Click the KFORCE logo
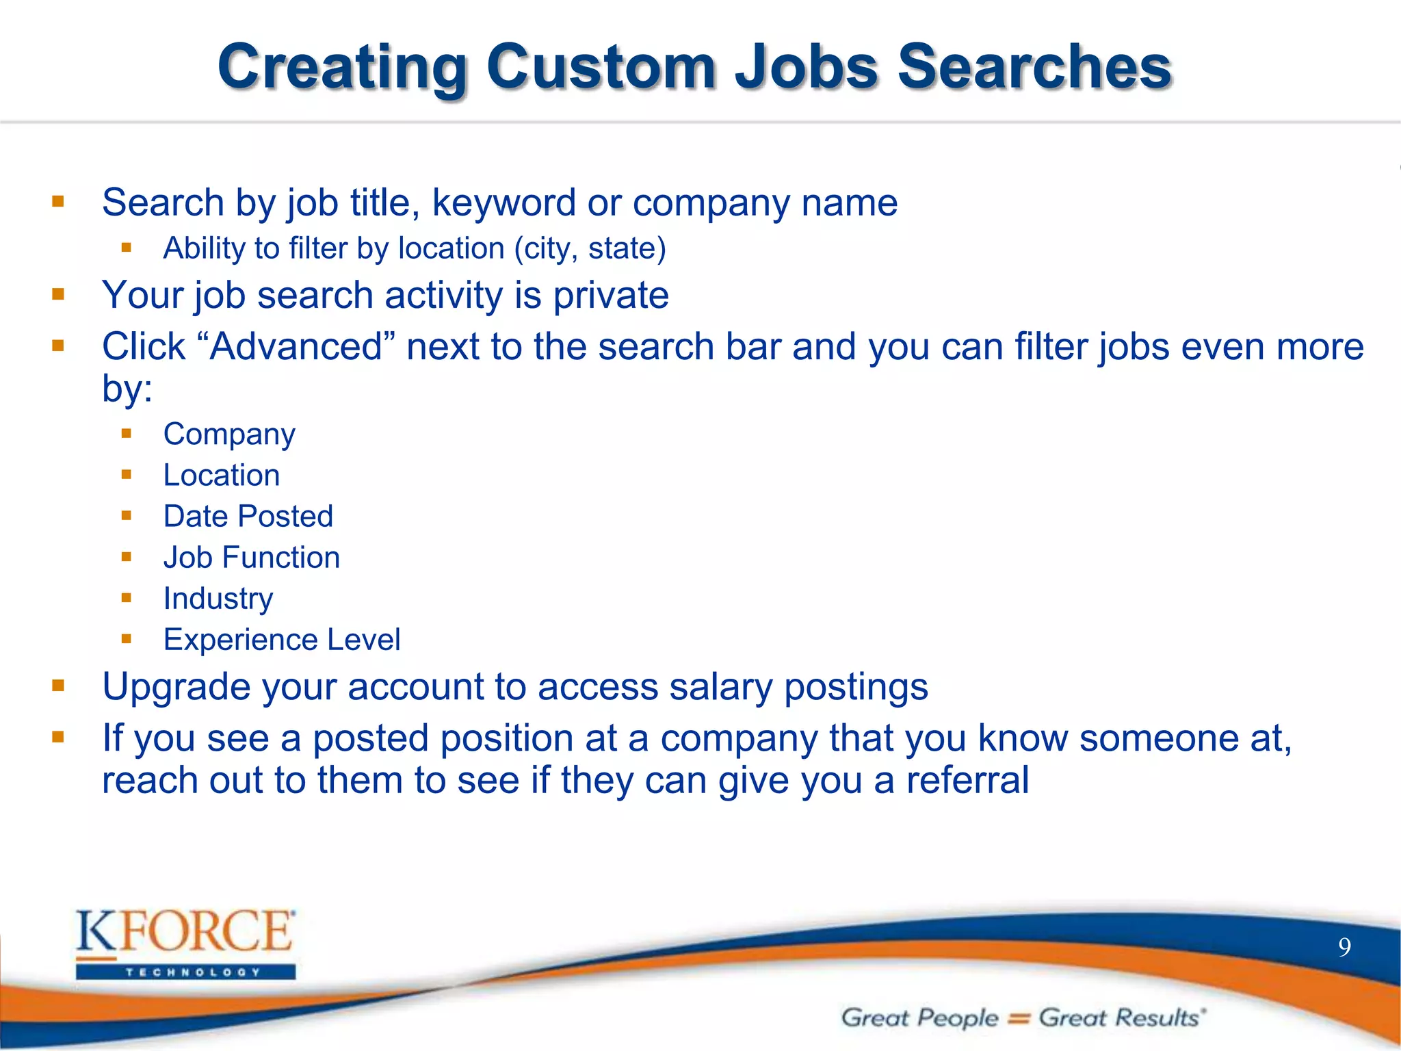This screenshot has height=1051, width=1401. pyautogui.click(x=185, y=932)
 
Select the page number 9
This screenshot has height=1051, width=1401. pyautogui.click(x=1344, y=948)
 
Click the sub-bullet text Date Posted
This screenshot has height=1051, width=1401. pyautogui.click(x=248, y=517)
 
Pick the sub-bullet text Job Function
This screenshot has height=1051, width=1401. pyautogui.click(x=252, y=558)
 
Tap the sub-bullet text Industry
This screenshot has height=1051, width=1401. pyautogui.click(x=218, y=599)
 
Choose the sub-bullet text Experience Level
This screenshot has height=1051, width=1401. pyautogui.click(x=282, y=640)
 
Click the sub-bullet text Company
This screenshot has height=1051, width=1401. pyautogui.click(x=229, y=434)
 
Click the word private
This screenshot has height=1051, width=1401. pyautogui.click(x=610, y=296)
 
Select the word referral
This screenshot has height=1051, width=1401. pyautogui.click(x=967, y=780)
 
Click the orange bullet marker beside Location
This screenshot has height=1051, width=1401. pyautogui.click(x=126, y=474)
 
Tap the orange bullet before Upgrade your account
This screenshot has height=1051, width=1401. pyautogui.click(x=58, y=686)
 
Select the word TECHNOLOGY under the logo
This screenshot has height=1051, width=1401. pyautogui.click(x=192, y=972)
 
